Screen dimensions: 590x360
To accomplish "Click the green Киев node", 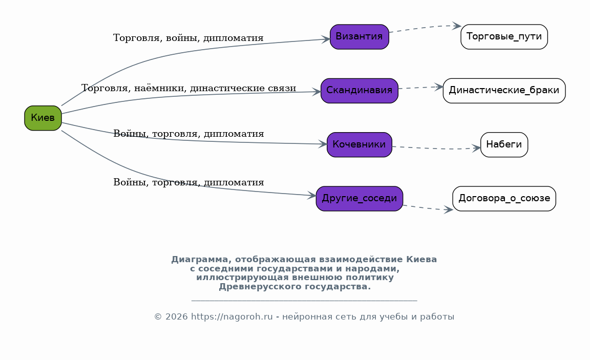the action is pyautogui.click(x=43, y=118).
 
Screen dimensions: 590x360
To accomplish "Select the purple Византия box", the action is pyautogui.click(x=360, y=37).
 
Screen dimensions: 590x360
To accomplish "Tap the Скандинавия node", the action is pyautogui.click(x=360, y=91).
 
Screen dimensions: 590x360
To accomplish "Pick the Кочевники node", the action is pyautogui.click(x=360, y=145).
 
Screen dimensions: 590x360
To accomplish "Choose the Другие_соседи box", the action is pyautogui.click(x=360, y=199).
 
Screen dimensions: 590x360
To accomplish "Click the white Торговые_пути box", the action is pyautogui.click(x=504, y=37).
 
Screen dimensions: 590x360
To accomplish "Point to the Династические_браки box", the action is pyautogui.click(x=504, y=91).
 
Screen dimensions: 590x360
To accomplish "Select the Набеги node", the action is pyautogui.click(x=504, y=145).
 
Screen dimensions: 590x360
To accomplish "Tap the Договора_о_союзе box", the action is pyautogui.click(x=504, y=199).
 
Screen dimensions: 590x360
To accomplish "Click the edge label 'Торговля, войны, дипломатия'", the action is pyautogui.click(x=188, y=38).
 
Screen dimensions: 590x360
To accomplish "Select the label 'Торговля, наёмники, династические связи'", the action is pyautogui.click(x=188, y=88).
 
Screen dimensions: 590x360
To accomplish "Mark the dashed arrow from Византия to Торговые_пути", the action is pyautogui.click(x=425, y=28).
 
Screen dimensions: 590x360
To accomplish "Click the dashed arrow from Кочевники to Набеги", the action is pyautogui.click(x=436, y=149).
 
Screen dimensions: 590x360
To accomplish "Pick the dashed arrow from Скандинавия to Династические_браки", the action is pyautogui.click(x=420, y=88).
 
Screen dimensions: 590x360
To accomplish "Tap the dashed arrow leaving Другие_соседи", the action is pyautogui.click(x=428, y=208).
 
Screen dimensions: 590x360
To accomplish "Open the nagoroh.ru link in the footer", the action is pyautogui.click(x=232, y=317).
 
